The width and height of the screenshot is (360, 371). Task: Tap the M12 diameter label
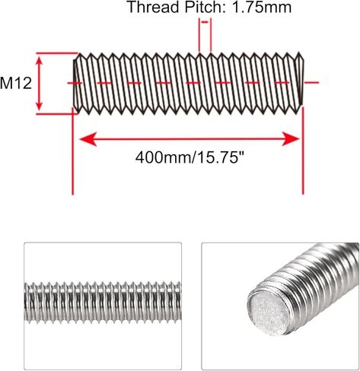tap(16, 82)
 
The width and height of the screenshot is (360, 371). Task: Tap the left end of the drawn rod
tap(78, 82)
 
